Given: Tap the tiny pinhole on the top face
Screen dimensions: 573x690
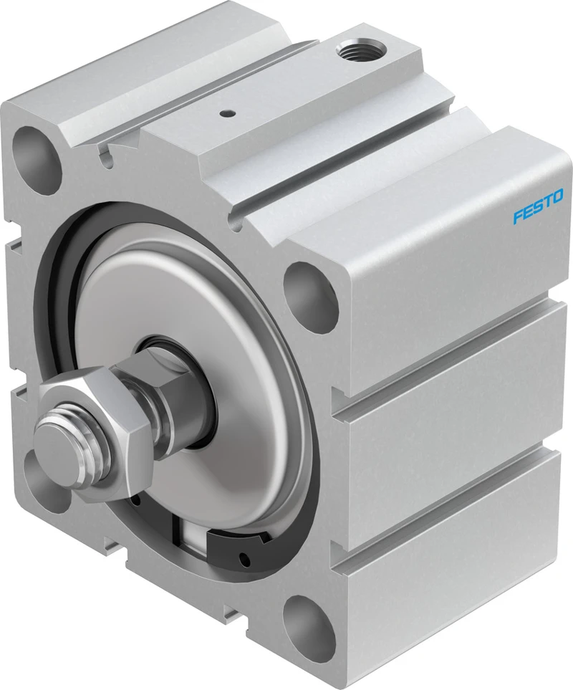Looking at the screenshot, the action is point(226,114).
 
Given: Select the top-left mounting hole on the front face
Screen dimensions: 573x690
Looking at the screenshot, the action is point(36,160).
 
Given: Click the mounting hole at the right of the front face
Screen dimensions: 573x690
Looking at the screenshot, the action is point(310,297).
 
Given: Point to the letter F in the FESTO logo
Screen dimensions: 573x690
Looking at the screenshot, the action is point(518,216).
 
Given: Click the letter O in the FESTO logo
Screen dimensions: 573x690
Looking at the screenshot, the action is point(557,196).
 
